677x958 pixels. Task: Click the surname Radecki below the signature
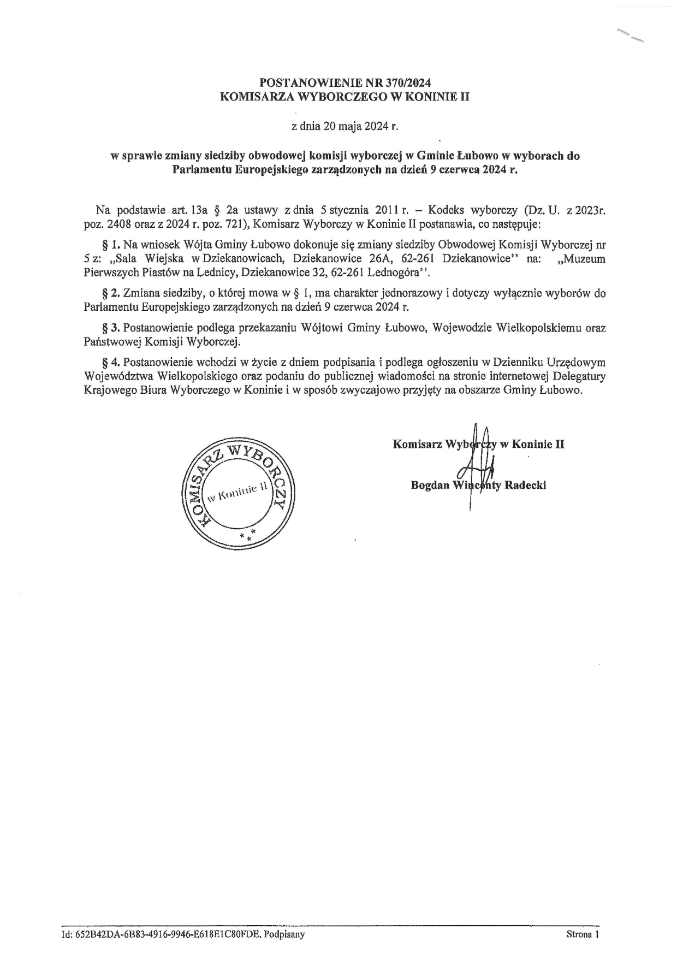tap(526, 485)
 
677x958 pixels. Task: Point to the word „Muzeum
tap(583, 258)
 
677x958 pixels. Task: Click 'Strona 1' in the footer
tap(583, 935)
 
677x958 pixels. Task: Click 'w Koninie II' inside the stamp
tap(238, 491)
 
